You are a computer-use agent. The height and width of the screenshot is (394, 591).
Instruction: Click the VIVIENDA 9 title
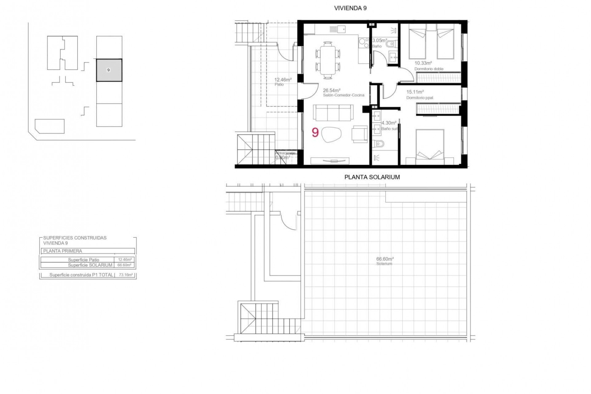coord(350,8)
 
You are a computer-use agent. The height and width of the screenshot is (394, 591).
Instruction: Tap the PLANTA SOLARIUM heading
coord(372,177)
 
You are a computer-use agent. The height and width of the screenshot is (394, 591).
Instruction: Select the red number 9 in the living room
coord(315,132)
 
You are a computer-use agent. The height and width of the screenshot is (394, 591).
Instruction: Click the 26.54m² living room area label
coord(332,90)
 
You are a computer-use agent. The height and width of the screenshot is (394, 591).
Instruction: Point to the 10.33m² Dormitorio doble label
coord(423,63)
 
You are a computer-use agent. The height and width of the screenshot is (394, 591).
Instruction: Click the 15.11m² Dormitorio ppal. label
coord(415,92)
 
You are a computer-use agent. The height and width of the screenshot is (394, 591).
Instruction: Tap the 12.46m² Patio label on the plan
coord(283,80)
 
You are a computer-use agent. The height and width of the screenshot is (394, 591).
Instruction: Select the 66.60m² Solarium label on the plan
coord(385,259)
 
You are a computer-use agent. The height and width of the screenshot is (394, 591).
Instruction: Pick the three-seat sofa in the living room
coord(333,113)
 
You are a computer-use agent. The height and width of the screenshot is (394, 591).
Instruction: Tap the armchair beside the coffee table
coord(360,134)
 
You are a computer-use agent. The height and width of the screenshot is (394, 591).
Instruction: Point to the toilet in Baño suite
coord(378,144)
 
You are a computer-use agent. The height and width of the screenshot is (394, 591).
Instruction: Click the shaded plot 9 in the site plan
coord(109,70)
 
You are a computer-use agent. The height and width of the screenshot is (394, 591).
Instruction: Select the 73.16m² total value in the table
coord(125,275)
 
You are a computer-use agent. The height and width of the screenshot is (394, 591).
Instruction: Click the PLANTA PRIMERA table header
coord(63,251)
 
